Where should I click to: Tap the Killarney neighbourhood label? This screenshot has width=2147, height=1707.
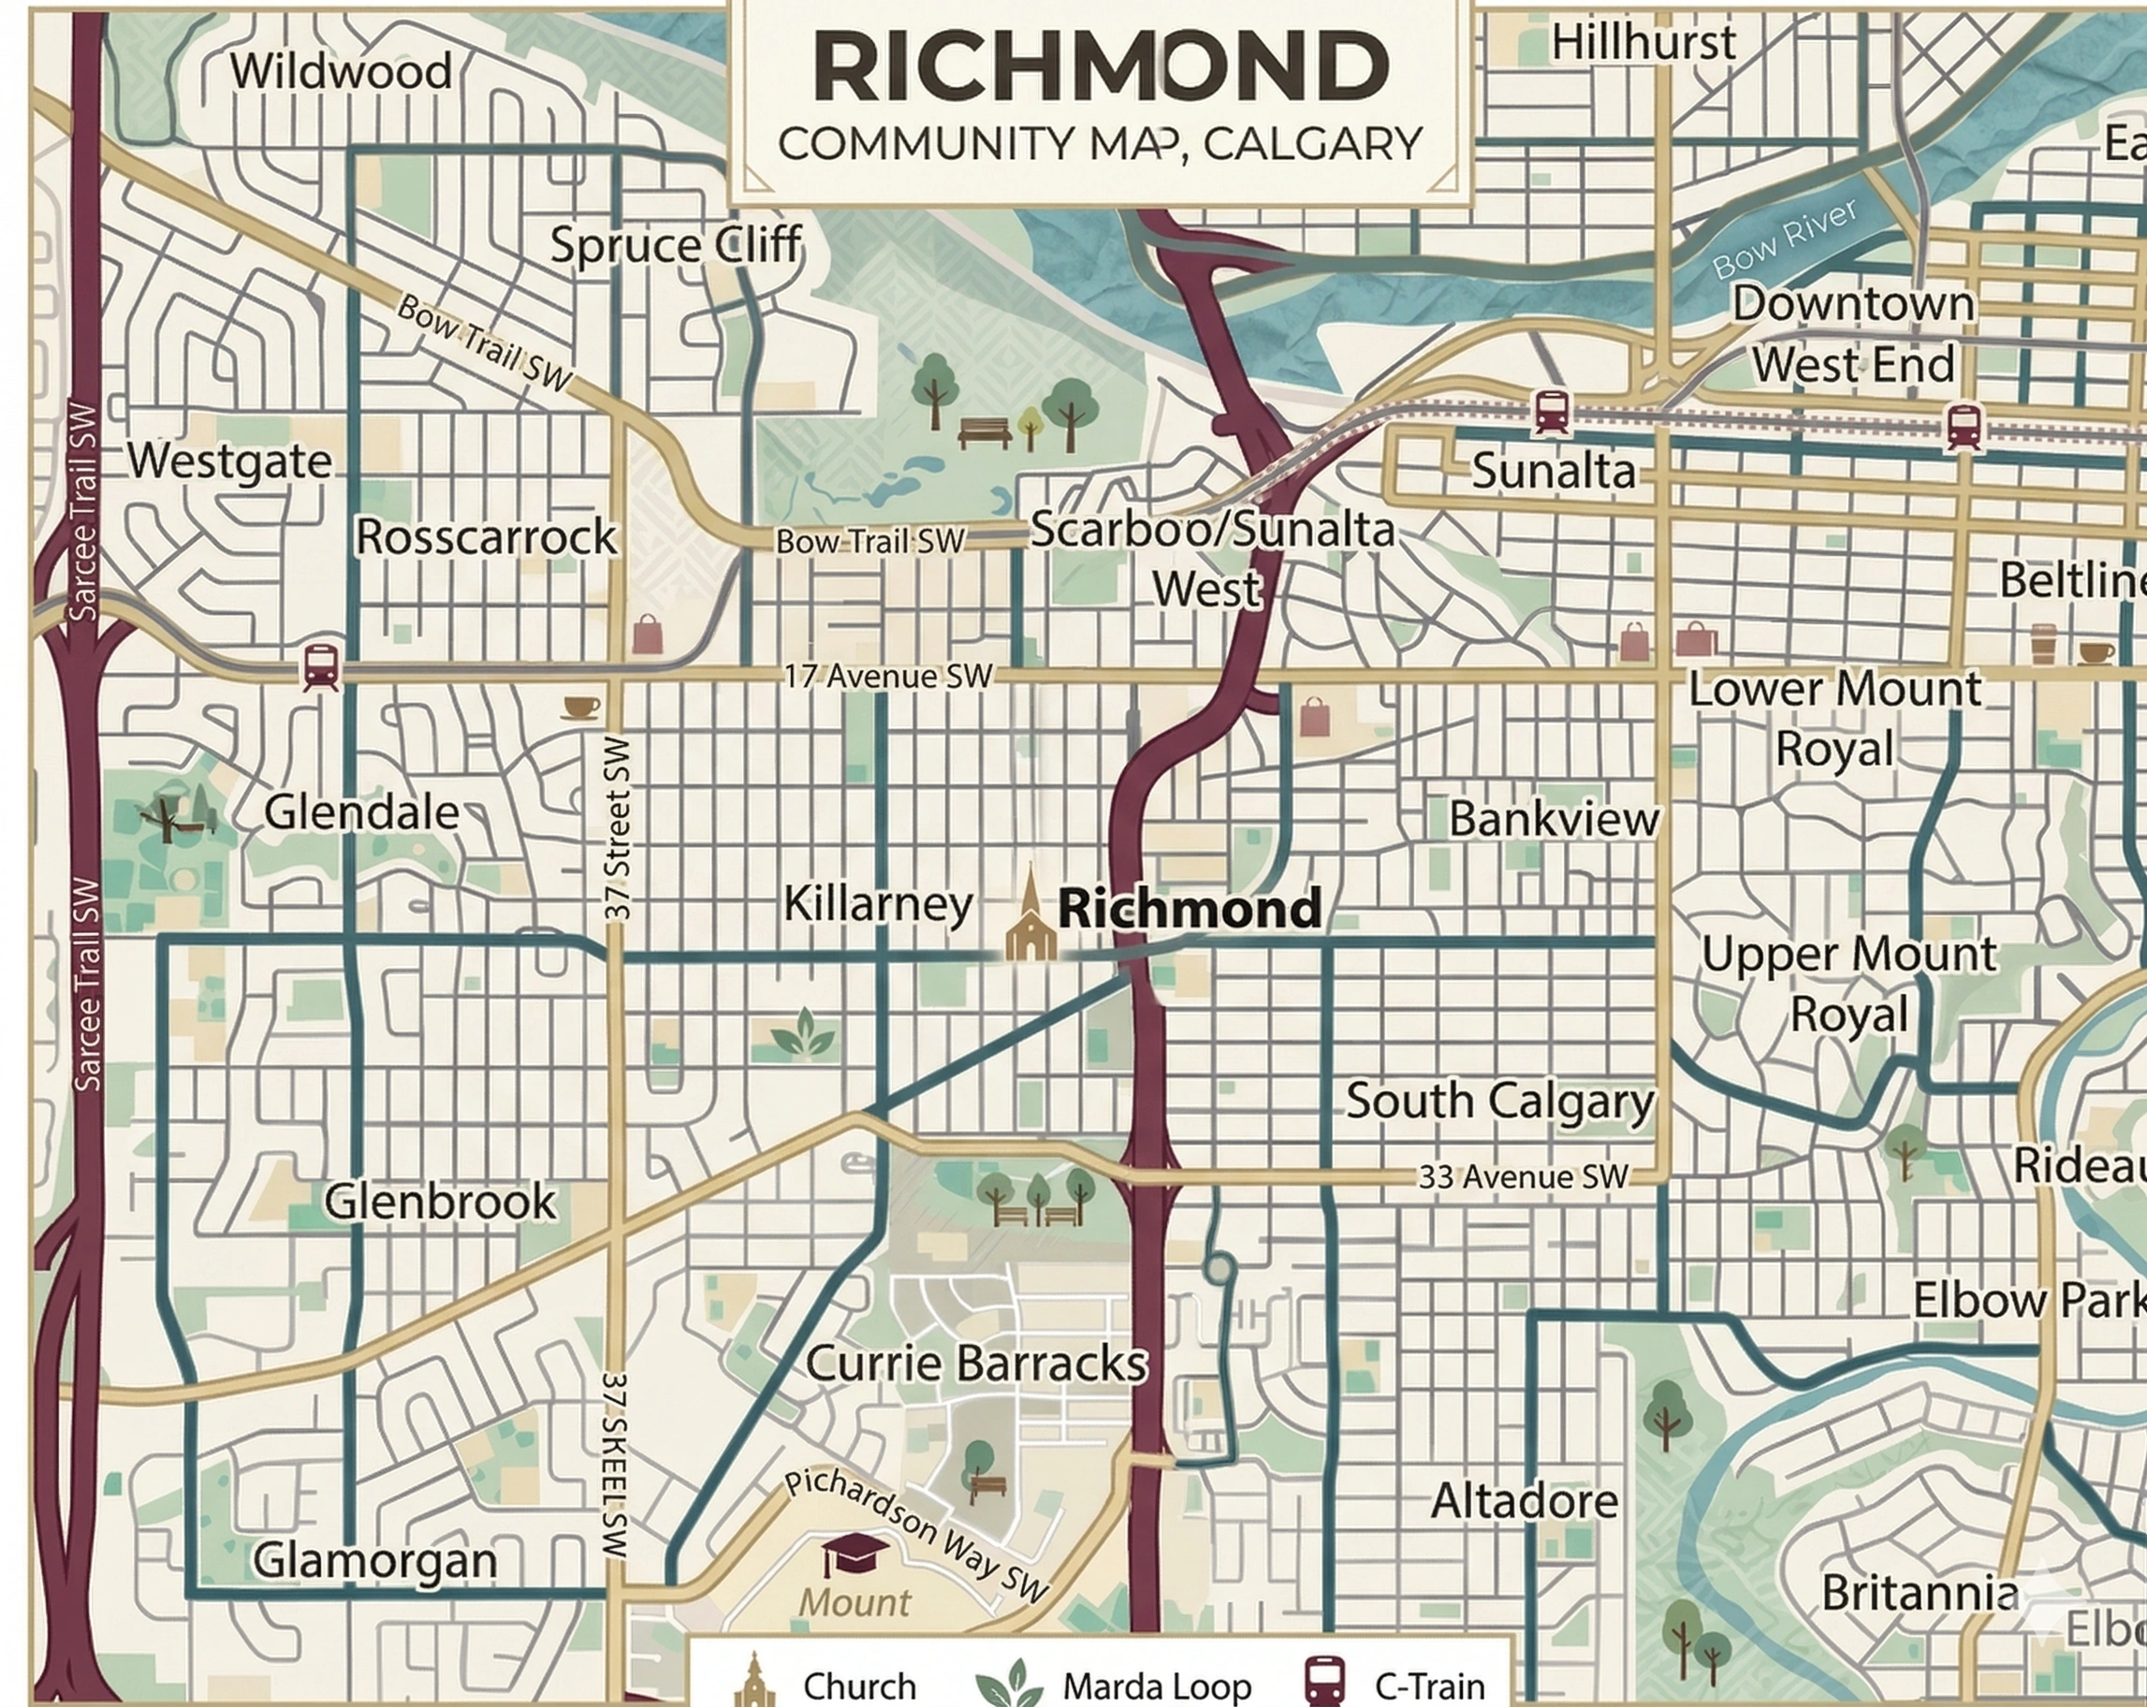(x=877, y=903)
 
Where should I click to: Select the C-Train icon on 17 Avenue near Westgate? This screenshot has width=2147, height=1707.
(x=321, y=666)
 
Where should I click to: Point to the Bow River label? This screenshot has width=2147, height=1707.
(x=1784, y=238)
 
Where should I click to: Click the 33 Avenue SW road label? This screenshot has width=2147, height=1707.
(x=1522, y=1176)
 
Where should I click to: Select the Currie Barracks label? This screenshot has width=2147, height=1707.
(x=975, y=1363)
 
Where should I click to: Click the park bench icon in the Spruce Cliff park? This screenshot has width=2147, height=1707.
(x=984, y=432)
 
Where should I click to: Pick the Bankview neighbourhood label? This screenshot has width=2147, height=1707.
(x=1554, y=819)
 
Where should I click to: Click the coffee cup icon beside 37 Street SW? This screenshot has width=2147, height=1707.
(x=580, y=708)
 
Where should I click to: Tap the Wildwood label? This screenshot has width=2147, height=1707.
(x=341, y=71)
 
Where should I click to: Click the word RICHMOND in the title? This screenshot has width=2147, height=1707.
(x=1101, y=66)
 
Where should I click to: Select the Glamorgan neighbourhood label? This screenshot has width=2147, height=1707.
(x=374, y=1560)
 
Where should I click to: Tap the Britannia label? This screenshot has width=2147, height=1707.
(x=1919, y=1593)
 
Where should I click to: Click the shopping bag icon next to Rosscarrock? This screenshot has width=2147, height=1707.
(x=647, y=634)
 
